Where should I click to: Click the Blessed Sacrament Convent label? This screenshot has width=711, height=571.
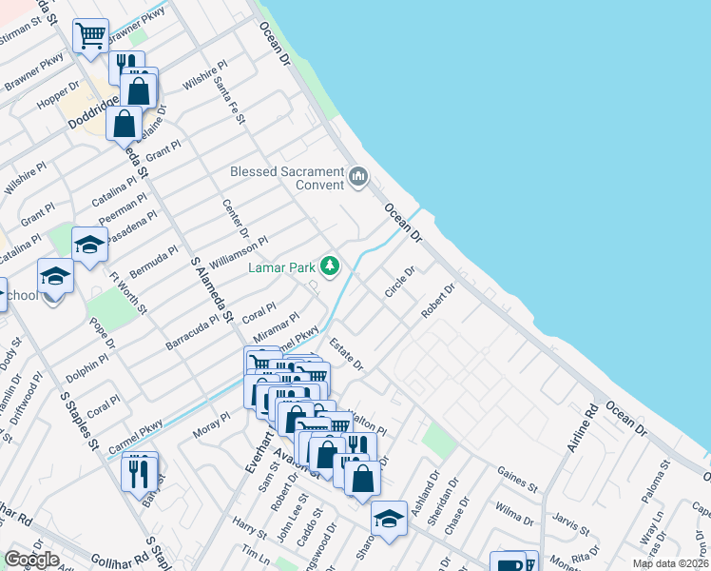point(287,178)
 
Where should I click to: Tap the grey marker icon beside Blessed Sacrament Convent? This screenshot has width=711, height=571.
point(358,176)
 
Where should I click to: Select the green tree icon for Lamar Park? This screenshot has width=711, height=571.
point(330,266)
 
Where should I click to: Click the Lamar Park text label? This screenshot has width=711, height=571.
point(281,267)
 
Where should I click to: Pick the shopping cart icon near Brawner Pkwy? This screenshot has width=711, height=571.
point(90,36)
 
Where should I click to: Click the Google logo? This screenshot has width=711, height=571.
point(31,560)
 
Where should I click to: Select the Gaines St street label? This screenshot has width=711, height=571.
point(517,479)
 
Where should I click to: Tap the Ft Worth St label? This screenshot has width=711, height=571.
point(128,292)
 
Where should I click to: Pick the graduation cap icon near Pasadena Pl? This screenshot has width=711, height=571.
point(89,244)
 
